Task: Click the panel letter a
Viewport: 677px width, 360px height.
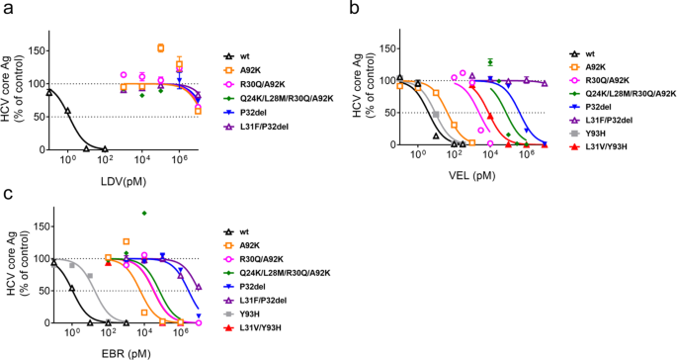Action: tap(8, 9)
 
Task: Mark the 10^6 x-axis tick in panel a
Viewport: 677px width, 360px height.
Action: tap(180, 158)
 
